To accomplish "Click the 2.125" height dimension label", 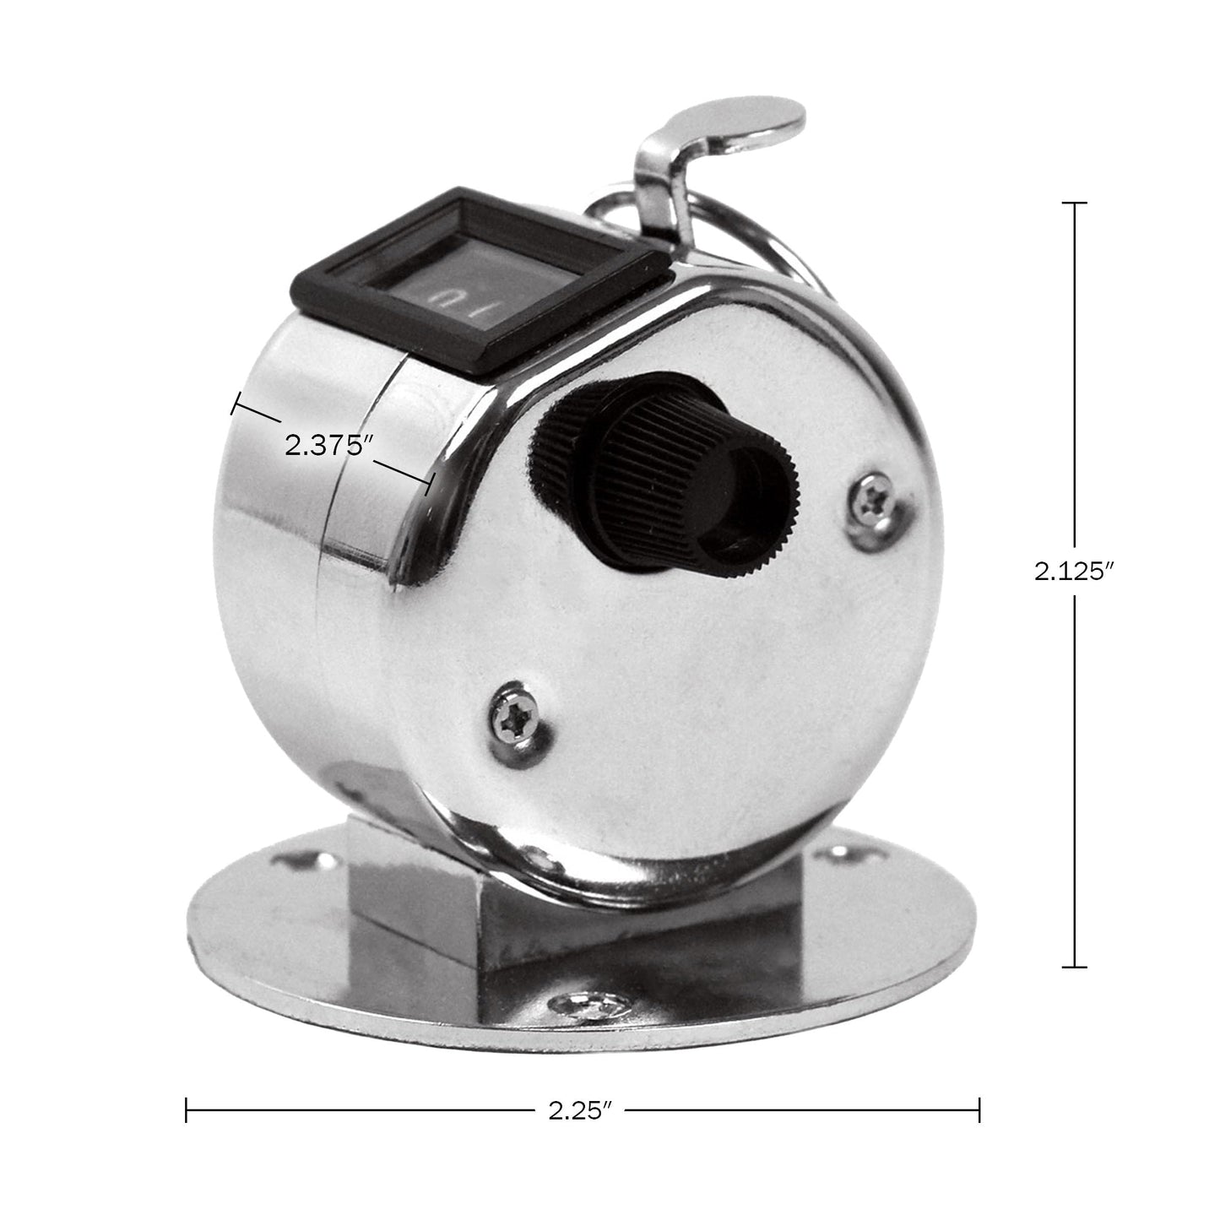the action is tap(1074, 572).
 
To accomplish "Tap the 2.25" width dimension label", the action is tap(580, 1128).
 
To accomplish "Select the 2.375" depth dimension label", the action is tap(328, 446).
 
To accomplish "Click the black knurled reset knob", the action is tap(664, 477).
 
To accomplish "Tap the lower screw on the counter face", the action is tap(512, 723).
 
